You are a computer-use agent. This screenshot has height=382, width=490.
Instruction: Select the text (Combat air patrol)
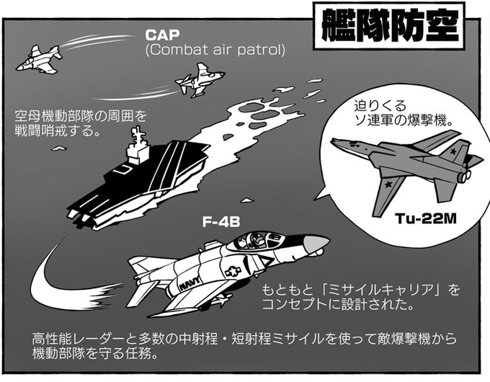pyautogui.click(x=215, y=50)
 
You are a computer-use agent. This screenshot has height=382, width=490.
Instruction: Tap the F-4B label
pyautogui.click(x=220, y=223)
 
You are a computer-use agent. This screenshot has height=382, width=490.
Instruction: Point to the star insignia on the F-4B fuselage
pyautogui.click(x=233, y=272)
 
